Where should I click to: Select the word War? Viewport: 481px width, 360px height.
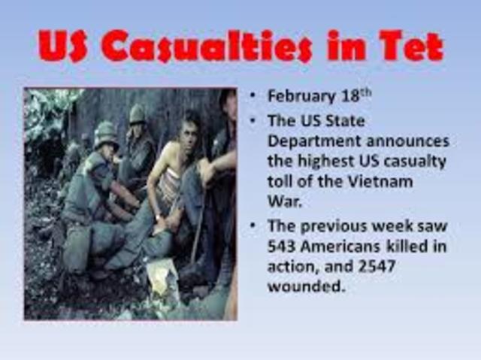[282, 202]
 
